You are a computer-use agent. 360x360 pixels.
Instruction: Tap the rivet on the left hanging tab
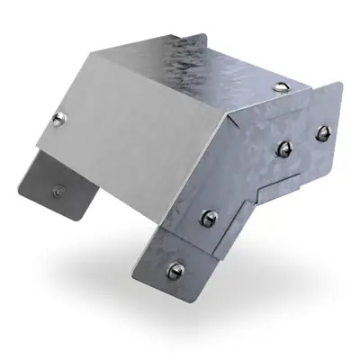pos(59,190)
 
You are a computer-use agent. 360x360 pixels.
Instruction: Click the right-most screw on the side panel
pos(320,135)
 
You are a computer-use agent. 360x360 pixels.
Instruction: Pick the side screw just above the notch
pos(283,148)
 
